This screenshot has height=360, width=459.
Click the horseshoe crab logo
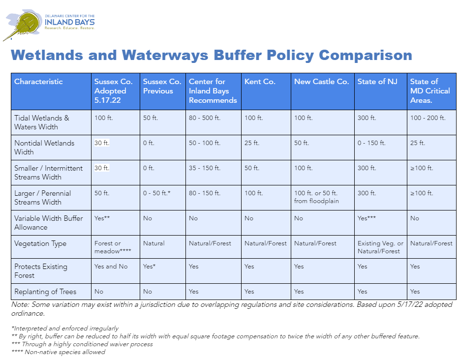coord(23,25)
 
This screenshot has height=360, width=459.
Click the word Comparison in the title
coord(366,55)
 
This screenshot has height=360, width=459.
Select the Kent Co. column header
coord(260,82)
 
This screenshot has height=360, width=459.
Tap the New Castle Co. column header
coord(321,82)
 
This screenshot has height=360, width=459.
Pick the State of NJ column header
coord(377,82)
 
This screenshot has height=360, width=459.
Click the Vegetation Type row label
coord(40,243)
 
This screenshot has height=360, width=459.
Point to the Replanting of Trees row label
coord(45,292)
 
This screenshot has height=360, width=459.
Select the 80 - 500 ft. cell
coord(204,118)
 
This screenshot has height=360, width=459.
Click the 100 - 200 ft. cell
coord(428,118)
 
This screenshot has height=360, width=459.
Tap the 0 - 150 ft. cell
coord(371,143)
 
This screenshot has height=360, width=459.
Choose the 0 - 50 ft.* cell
coord(156,193)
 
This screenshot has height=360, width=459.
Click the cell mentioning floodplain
coord(316,197)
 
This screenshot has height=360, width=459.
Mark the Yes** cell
coord(102,218)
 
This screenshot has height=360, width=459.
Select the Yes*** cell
coord(367,218)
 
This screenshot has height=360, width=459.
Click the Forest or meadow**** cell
coord(112,247)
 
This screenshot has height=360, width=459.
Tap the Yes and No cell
coord(111,267)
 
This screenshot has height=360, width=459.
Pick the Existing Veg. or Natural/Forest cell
coord(380,247)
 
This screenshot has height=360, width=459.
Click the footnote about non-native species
coord(58,352)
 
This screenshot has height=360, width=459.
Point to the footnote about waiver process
coord(82,344)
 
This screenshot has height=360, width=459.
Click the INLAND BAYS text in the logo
coord(70,22)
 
